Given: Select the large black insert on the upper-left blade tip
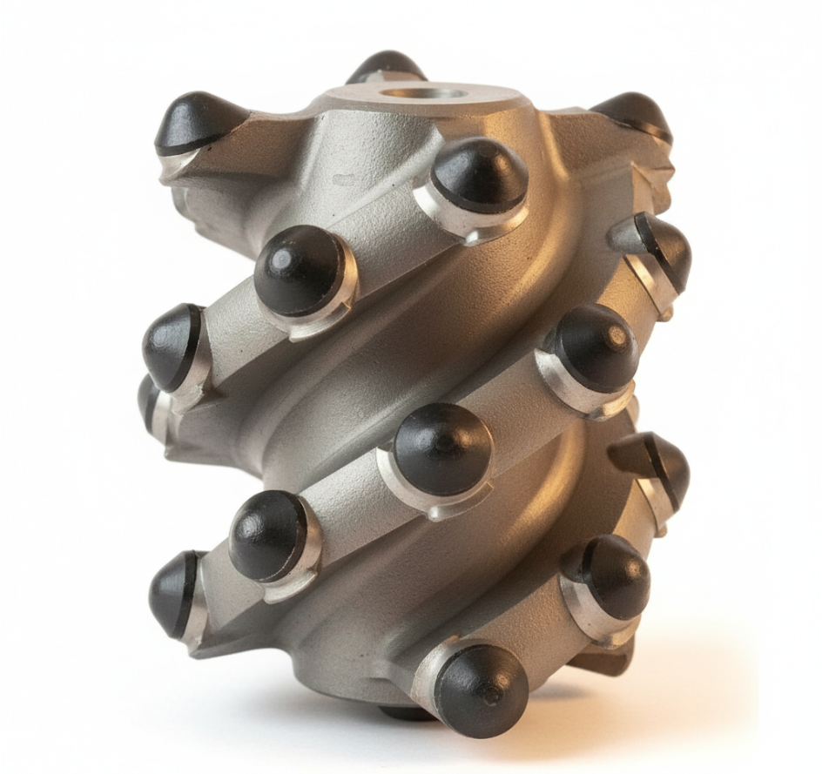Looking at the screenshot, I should [x=196, y=122].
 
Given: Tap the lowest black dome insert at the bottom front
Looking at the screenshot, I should [x=481, y=690].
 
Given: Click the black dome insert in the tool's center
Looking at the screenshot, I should [x=442, y=448].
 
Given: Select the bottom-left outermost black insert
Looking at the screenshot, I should [x=174, y=593].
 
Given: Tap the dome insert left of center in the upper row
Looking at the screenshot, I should [x=300, y=270].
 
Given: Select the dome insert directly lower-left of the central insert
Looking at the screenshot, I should [x=268, y=535].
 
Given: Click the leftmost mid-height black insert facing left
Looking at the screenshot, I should [x=172, y=346].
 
